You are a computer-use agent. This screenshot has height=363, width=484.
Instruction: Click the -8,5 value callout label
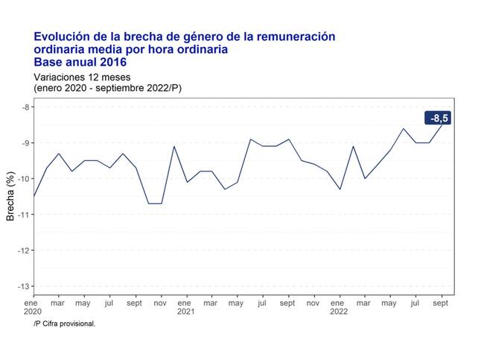click(x=438, y=118)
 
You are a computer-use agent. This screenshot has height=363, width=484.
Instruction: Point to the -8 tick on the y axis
click(x=25, y=107)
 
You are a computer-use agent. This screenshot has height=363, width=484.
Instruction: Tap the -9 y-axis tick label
click(x=25, y=142)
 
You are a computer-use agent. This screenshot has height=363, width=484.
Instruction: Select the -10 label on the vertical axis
click(x=24, y=179)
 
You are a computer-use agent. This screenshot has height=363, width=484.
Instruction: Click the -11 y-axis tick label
click(x=24, y=215)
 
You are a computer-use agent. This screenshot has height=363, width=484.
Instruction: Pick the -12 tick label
click(x=24, y=250)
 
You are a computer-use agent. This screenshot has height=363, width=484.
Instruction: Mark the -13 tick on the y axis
click(x=24, y=286)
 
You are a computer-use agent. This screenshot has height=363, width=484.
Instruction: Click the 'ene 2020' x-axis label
click(x=32, y=307)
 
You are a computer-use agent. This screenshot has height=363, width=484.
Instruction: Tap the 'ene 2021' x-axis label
click(x=185, y=307)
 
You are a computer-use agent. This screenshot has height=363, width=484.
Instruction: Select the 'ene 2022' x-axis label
click(x=339, y=307)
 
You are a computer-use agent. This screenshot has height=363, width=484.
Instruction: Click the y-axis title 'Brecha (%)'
click(x=10, y=196)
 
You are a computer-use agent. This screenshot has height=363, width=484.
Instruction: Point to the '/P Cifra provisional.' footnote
click(x=65, y=323)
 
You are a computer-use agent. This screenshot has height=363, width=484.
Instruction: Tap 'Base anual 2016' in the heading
click(x=80, y=62)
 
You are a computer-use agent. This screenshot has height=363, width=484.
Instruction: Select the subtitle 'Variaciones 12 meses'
click(x=82, y=77)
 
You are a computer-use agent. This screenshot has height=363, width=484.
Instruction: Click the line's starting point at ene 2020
click(x=34, y=197)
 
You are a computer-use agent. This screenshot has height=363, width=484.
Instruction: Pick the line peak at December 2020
click(x=174, y=146)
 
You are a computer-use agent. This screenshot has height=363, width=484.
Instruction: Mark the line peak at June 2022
click(x=404, y=128)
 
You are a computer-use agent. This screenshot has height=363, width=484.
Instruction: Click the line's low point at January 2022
click(x=340, y=189)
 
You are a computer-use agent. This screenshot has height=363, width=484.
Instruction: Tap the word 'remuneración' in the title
click(x=296, y=37)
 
